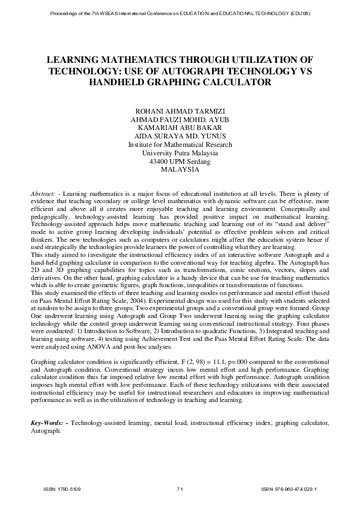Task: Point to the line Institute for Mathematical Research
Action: click(x=180, y=145)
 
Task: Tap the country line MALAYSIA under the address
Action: click(x=180, y=170)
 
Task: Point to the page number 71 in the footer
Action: click(x=180, y=488)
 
